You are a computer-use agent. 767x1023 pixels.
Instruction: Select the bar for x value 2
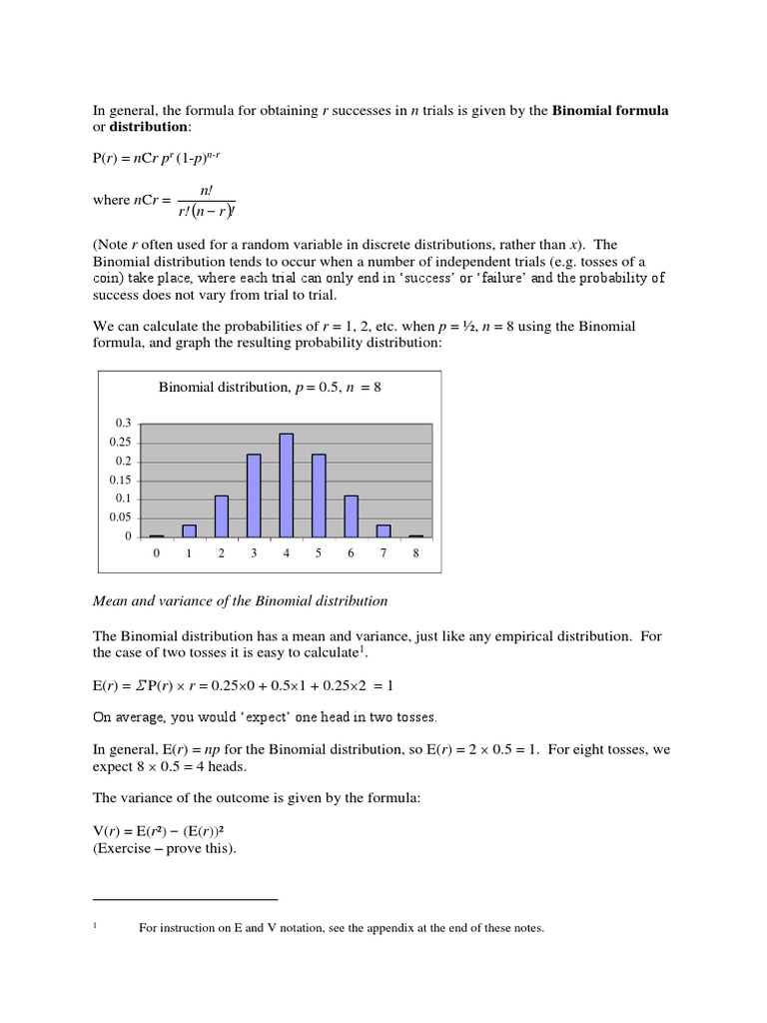[222, 515]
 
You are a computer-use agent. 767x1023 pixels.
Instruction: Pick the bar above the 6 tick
[351, 515]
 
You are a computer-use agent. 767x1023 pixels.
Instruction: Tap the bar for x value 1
[189, 529]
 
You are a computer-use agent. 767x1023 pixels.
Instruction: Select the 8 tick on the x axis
[415, 553]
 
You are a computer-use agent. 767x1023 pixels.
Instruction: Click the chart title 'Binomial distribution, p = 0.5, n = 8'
[270, 388]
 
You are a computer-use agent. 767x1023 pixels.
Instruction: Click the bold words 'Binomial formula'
[610, 110]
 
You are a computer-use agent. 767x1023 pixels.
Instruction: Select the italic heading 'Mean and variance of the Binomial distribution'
[240, 601]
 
